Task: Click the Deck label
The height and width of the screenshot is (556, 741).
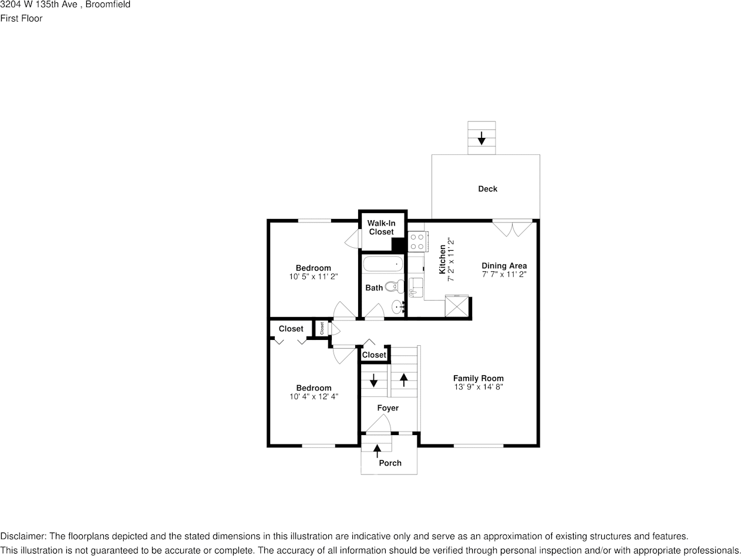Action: click(487, 188)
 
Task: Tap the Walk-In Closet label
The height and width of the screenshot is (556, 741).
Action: click(381, 227)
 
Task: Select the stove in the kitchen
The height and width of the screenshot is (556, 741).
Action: click(417, 241)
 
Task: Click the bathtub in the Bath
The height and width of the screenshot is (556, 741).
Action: click(383, 264)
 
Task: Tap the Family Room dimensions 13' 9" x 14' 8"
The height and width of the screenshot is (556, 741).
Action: click(478, 387)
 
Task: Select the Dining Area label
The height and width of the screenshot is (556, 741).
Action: click(504, 265)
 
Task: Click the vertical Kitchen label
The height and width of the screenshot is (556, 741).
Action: click(442, 260)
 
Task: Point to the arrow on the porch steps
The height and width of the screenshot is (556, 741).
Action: click(377, 450)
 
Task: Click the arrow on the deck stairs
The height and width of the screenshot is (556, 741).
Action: click(481, 139)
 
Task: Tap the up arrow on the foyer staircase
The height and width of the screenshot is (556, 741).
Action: click(404, 379)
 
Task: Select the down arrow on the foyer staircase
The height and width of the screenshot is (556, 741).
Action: click(373, 380)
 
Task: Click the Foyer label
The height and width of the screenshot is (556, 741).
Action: click(388, 407)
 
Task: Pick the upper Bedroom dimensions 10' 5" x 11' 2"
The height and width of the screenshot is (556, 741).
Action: click(314, 277)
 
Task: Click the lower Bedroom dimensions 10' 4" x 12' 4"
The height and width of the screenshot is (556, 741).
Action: click(314, 396)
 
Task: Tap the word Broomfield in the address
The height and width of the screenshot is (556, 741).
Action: click(108, 5)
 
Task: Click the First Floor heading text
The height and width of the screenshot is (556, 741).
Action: click(21, 18)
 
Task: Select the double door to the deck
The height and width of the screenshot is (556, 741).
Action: click(512, 227)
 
